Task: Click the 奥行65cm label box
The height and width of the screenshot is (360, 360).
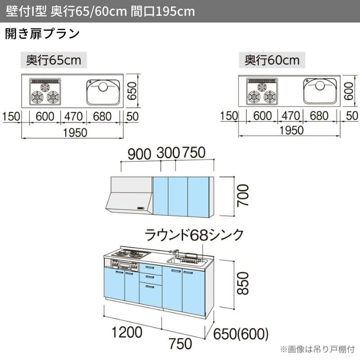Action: click(x=54, y=60)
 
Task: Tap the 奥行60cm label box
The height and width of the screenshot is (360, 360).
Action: click(x=272, y=60)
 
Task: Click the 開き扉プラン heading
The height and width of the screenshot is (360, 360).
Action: click(x=42, y=34)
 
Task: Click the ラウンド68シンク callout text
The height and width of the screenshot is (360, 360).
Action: click(x=194, y=235)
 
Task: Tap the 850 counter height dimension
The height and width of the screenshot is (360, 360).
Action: click(x=242, y=282)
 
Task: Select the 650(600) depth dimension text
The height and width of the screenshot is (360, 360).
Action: click(x=241, y=334)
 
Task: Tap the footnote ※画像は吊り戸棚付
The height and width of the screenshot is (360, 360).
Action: click(x=317, y=349)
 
